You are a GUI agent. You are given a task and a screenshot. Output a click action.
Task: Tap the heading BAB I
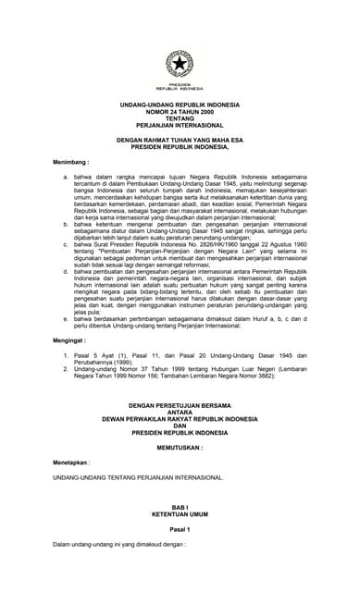pos(180,508)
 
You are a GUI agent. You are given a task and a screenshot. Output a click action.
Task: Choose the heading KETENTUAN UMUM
pos(180,515)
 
